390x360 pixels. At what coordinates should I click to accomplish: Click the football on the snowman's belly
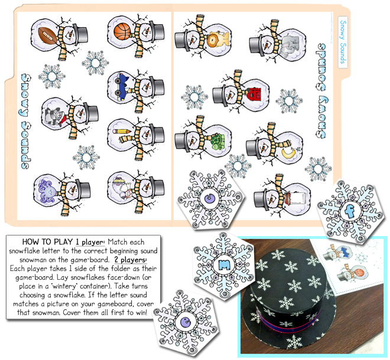[x=47, y=34]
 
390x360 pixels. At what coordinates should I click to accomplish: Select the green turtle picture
[x=217, y=141]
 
